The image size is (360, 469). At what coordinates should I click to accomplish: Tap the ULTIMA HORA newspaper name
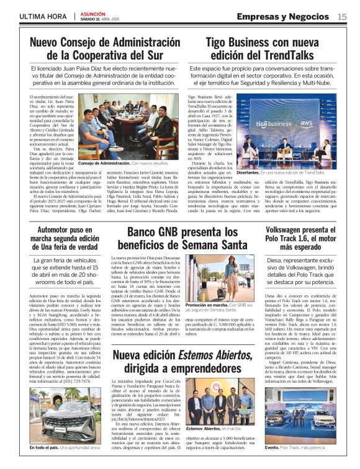(42, 16)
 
